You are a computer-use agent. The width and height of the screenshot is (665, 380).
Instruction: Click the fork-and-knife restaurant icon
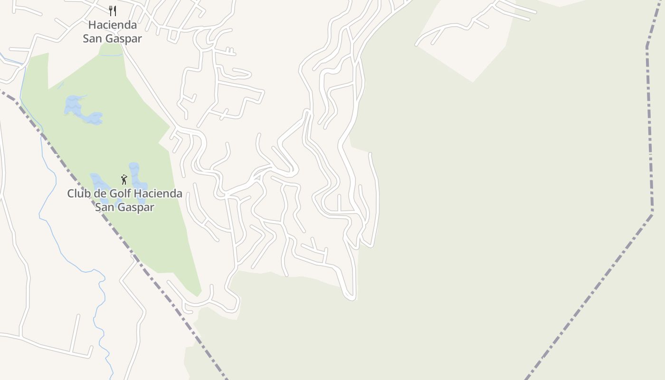113,10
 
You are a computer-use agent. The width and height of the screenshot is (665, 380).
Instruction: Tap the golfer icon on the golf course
124,180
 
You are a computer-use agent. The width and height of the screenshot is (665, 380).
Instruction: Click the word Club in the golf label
78,194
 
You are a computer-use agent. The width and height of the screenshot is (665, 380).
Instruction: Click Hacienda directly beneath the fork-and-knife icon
113,25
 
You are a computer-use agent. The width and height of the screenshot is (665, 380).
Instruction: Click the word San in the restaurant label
93,38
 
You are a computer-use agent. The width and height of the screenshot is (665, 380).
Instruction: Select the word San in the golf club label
105,208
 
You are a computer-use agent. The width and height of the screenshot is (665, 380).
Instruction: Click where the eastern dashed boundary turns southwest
652,213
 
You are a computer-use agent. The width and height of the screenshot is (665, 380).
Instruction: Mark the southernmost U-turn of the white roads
351,298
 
